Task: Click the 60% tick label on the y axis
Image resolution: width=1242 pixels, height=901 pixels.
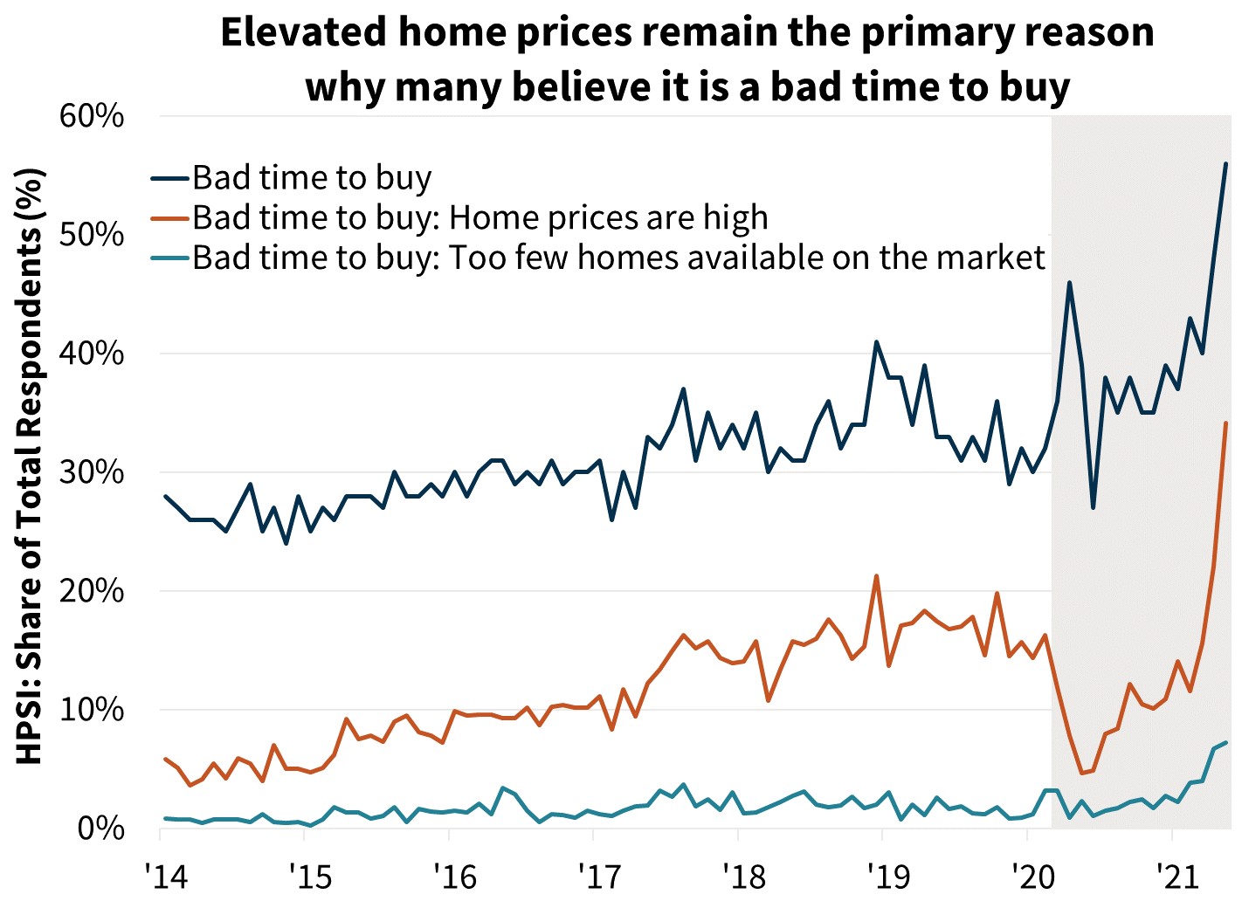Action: tap(92, 116)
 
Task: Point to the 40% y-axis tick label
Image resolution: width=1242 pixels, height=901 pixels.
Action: tap(92, 354)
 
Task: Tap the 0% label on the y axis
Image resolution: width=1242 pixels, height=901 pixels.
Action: tap(100, 828)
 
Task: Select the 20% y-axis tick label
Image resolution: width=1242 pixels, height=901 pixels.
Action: tap(92, 591)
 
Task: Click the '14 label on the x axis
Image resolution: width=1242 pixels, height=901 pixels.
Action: tap(167, 875)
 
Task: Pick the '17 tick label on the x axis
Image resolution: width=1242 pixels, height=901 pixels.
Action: tap(600, 875)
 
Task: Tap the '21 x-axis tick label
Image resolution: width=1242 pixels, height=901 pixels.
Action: tap(1177, 875)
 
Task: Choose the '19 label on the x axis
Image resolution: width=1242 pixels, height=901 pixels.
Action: tap(888, 875)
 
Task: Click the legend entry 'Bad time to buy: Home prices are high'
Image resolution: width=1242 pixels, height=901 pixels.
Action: tap(480, 217)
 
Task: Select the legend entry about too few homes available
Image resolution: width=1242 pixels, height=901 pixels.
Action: tap(618, 258)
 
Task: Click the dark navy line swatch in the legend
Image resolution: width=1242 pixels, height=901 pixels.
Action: tap(169, 178)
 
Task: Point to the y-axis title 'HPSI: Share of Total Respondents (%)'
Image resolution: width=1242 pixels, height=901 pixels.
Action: tap(30, 467)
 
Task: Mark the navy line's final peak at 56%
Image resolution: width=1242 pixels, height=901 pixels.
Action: tap(1225, 164)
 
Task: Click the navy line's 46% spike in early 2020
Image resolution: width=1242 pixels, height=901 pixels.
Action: tap(1069, 283)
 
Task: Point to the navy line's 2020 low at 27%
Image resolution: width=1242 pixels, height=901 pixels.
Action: tap(1093, 507)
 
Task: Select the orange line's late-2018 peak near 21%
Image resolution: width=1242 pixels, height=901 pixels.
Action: tap(876, 576)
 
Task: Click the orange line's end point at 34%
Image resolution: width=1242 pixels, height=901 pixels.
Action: tap(1226, 423)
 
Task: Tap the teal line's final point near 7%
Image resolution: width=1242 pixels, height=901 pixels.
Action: tap(1226, 743)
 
